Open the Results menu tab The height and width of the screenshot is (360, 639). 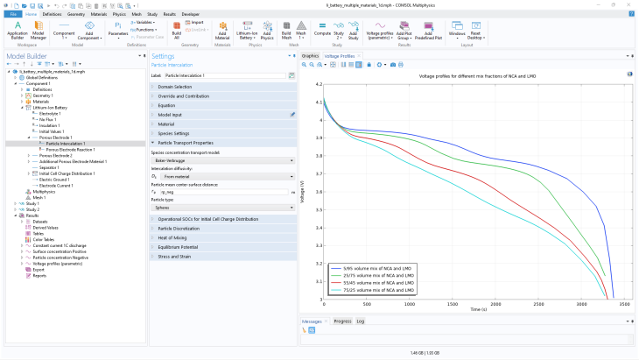[x=169, y=14]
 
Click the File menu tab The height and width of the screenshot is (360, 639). [x=13, y=14]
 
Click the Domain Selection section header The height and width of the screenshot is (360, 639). [x=174, y=87]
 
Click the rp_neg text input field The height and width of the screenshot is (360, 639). [x=223, y=192]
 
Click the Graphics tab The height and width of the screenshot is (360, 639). [x=311, y=55]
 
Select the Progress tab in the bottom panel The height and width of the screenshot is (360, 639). [x=342, y=321]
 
